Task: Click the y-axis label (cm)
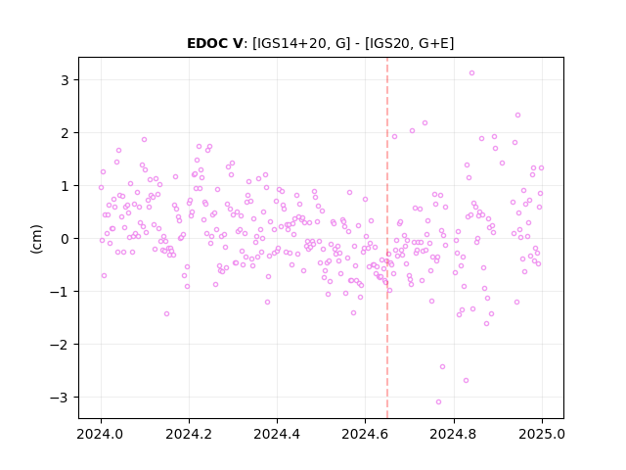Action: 36,239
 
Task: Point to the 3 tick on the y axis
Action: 65,80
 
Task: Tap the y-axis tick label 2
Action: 65,133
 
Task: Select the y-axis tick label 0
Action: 65,239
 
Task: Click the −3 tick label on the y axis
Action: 59,398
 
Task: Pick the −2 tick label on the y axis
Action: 59,345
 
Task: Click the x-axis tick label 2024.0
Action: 101,434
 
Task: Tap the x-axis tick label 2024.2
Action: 189,434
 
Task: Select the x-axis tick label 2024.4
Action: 277,434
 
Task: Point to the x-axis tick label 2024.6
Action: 365,434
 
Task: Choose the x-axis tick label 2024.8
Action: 454,434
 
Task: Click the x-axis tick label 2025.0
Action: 542,434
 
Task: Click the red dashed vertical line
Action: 387,238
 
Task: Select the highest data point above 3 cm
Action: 471,73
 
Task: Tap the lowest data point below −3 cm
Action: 439,402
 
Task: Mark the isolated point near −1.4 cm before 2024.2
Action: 167,313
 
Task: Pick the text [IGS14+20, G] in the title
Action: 301,43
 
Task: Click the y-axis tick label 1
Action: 65,186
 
